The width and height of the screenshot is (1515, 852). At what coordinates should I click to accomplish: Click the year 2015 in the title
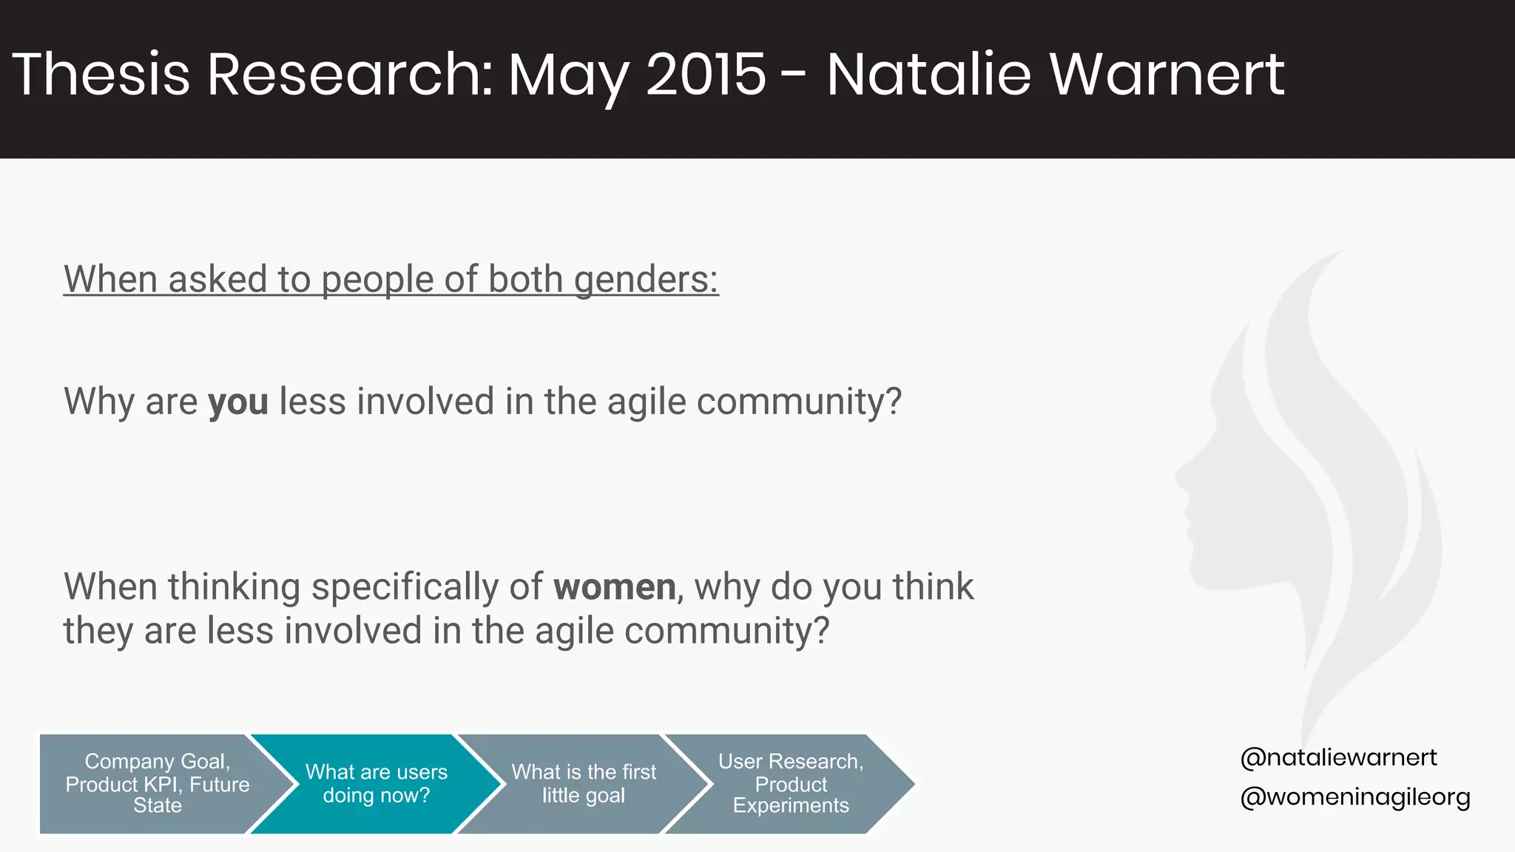[x=706, y=74]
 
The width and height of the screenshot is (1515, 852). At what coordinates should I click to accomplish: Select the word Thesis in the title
[x=101, y=74]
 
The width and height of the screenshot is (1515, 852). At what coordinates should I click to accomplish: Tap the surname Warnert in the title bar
[x=1167, y=74]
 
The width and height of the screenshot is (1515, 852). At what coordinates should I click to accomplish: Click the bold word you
[x=237, y=402]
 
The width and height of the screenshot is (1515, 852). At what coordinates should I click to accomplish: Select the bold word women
[x=614, y=587]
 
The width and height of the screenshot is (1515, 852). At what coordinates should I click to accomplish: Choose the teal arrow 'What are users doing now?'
[x=376, y=784]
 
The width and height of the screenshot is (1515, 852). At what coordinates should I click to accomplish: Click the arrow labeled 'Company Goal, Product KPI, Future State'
[x=157, y=784]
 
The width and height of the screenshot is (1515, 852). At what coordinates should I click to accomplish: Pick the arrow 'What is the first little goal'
[x=583, y=784]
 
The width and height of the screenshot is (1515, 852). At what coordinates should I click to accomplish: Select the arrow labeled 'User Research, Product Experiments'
[x=790, y=784]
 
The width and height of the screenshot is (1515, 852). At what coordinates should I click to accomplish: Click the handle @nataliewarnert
[x=1338, y=757]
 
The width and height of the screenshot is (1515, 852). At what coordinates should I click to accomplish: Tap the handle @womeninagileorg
[x=1355, y=797]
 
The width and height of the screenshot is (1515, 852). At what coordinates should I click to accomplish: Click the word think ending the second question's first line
[x=933, y=587]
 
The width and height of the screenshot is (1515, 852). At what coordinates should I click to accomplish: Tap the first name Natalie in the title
[x=928, y=74]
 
